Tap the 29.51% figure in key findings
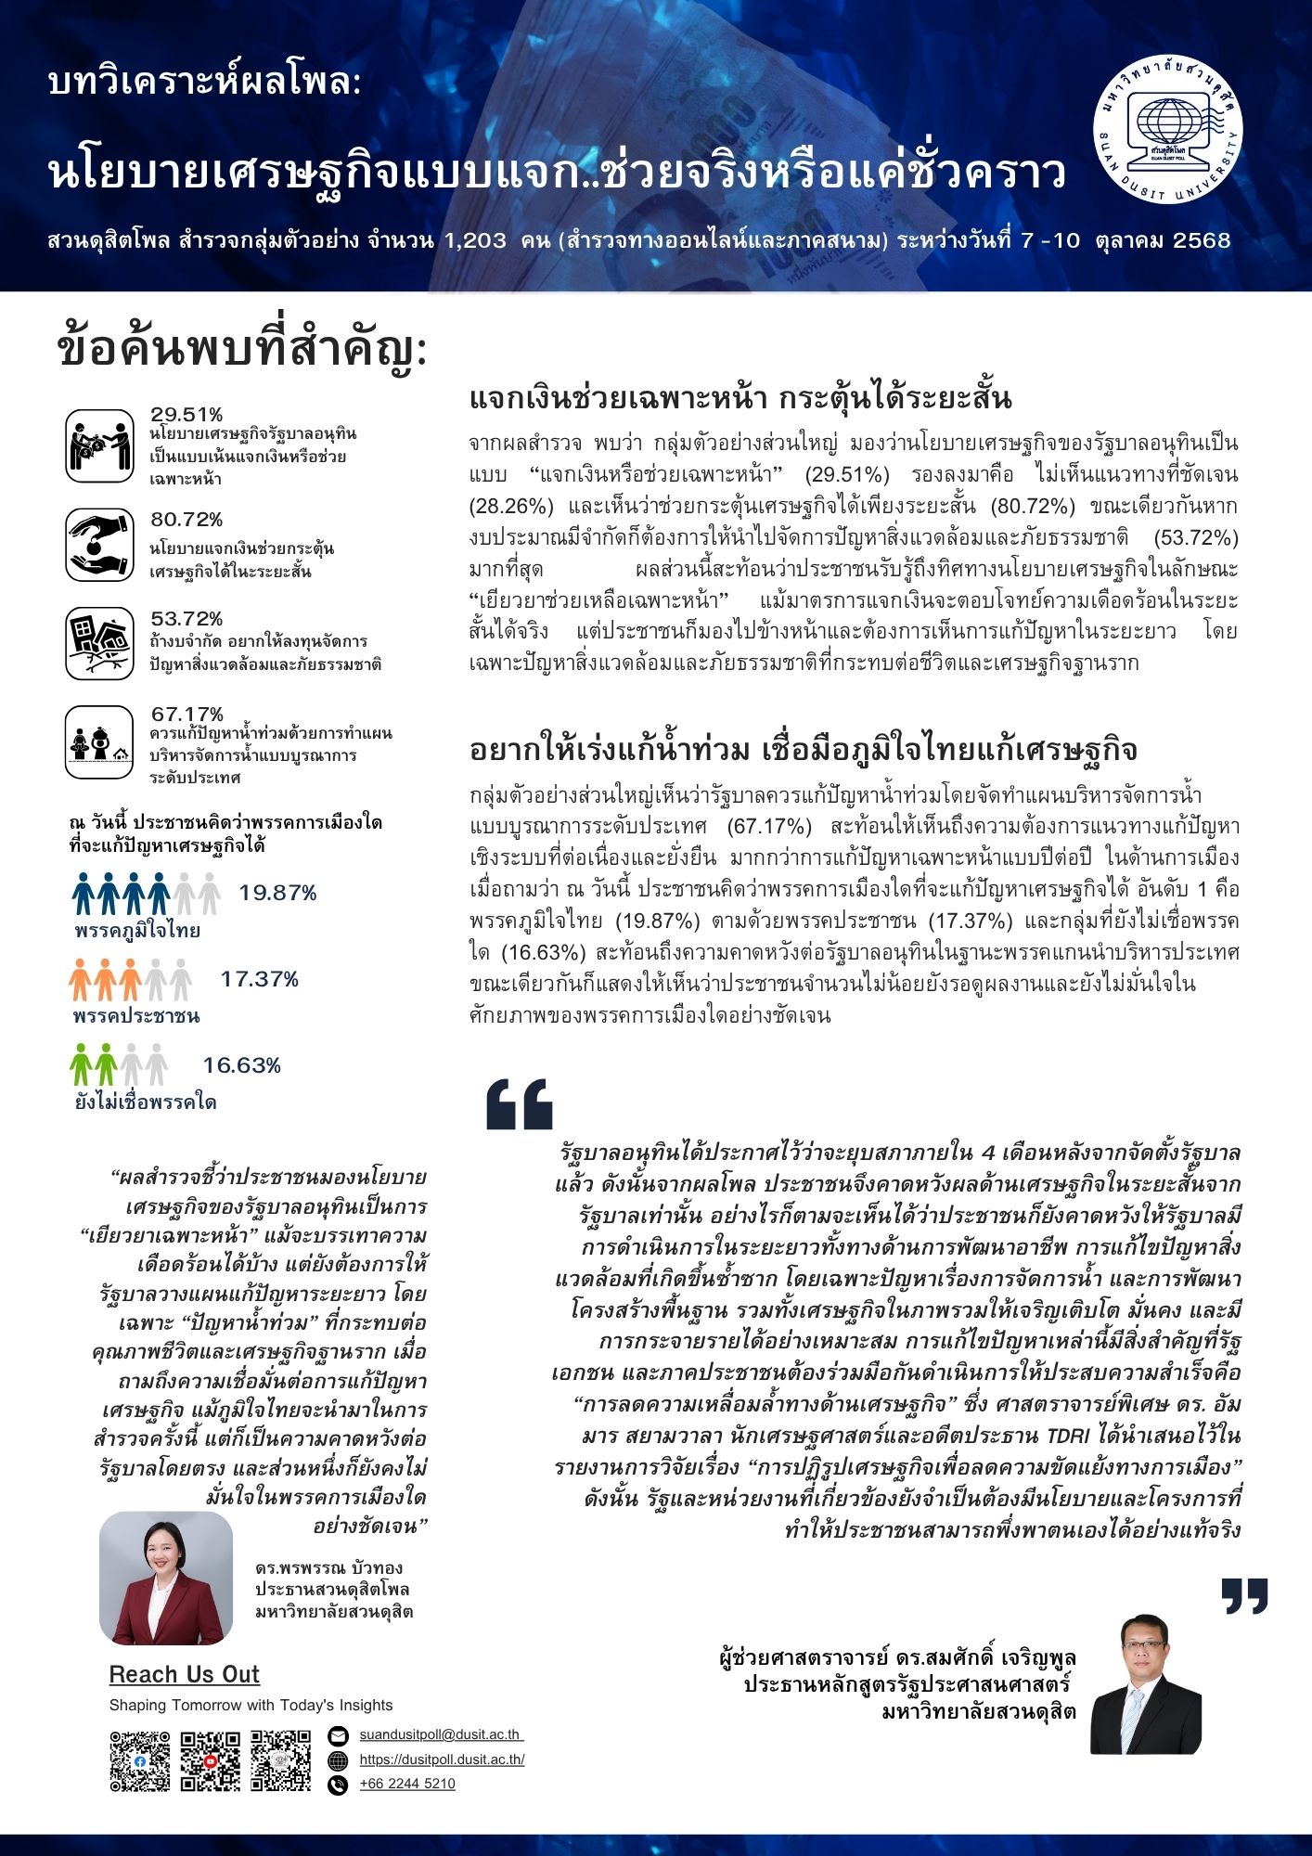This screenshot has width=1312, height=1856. tap(187, 415)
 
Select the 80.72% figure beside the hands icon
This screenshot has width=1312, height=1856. tap(187, 520)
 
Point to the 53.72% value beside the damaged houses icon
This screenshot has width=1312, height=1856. tap(187, 619)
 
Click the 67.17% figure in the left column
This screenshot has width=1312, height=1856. tap(187, 715)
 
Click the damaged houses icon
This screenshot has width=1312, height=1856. tap(100, 643)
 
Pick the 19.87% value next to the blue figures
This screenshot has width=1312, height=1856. tap(277, 894)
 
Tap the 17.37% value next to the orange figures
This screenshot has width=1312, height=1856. tap(259, 979)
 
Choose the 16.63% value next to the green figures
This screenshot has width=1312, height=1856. tap(241, 1065)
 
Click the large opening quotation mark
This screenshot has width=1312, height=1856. tap(520, 1103)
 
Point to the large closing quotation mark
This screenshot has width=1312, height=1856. tap(1244, 1595)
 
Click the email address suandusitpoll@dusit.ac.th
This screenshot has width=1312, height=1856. tap(441, 1734)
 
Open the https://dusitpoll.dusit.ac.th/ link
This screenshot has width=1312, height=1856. tap(442, 1759)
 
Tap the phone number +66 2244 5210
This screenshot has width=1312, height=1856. tap(407, 1784)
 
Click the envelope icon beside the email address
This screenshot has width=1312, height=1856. tap(338, 1735)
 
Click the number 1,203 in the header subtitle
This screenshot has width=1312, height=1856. tap(475, 241)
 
